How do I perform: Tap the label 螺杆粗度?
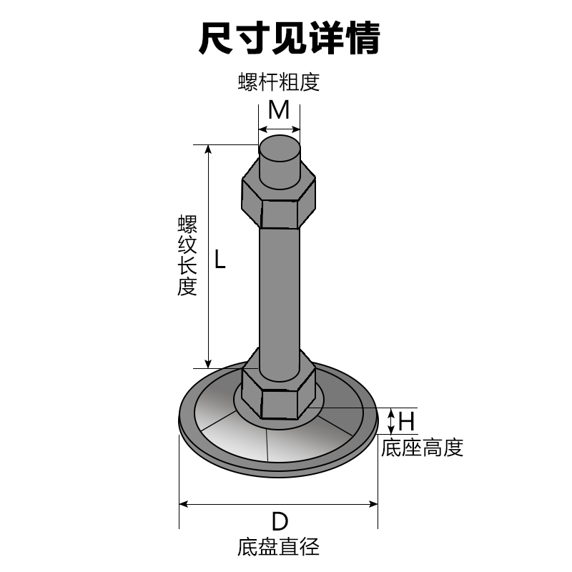point(278,82)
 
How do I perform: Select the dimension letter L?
point(220,259)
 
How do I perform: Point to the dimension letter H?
point(406,420)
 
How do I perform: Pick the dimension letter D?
point(279,520)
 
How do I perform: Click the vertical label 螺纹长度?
point(187,256)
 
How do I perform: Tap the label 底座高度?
point(422,448)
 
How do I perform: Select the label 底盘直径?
point(278,548)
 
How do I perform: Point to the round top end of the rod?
point(280,149)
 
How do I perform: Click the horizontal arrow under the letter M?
point(279,129)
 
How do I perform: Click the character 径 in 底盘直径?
point(309,548)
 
